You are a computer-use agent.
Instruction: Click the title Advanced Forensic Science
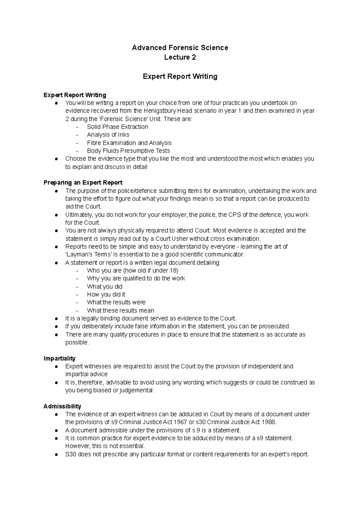(x=180, y=48)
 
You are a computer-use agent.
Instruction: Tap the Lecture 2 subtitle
(x=180, y=57)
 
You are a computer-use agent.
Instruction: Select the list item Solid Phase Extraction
(x=117, y=127)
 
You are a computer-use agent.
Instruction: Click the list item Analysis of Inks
(x=108, y=135)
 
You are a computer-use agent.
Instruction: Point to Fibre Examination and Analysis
(x=129, y=143)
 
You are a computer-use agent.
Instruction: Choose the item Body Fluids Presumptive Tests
(x=128, y=151)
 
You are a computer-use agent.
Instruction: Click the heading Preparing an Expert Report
(x=83, y=183)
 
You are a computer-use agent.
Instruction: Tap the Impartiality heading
(x=59, y=359)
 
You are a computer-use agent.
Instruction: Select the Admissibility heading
(x=62, y=406)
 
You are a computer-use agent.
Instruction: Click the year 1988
(x=267, y=422)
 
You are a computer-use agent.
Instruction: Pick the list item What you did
(x=104, y=287)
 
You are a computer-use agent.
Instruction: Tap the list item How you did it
(x=106, y=294)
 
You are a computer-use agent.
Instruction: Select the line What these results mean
(x=120, y=311)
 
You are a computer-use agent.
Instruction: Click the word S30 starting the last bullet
(x=70, y=454)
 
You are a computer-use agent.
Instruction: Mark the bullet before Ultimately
(x=56, y=215)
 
